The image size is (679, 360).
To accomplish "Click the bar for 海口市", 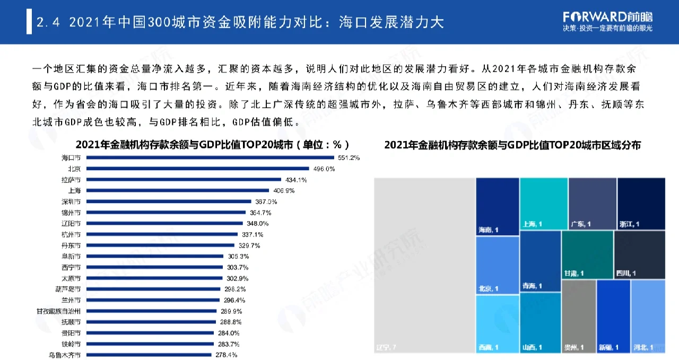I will [x=210, y=157].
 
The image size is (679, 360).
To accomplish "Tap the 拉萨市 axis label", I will [x=71, y=180].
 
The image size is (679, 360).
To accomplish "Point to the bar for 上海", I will [x=178, y=190].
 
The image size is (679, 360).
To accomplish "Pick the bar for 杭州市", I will [x=164, y=234].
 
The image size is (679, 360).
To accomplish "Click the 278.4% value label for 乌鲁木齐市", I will [x=226, y=355].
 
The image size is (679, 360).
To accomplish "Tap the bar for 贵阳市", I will [x=151, y=333].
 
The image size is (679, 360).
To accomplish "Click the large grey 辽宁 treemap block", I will [x=424, y=265].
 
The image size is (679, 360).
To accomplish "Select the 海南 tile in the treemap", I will [x=497, y=206].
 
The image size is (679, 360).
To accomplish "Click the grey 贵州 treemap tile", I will [x=578, y=316].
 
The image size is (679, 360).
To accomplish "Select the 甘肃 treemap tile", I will [x=586, y=254].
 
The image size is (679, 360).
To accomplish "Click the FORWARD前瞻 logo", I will [x=607, y=16].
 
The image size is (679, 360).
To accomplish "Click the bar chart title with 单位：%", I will [x=212, y=144].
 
